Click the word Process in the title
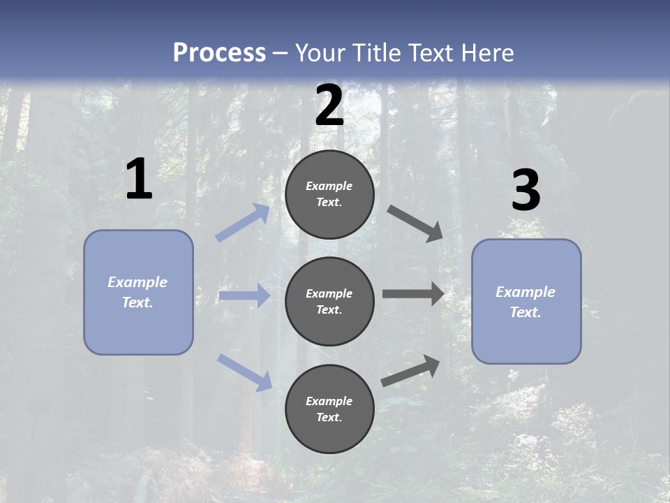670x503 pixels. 219,53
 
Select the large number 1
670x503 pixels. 139,180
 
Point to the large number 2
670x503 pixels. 329,105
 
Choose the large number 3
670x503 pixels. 526,191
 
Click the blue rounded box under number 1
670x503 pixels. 138,292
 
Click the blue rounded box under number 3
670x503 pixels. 526,301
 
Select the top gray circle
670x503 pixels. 329,194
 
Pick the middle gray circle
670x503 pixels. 329,301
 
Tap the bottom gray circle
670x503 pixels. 329,409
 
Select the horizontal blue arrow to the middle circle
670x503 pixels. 244,296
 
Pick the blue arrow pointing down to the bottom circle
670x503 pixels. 245,372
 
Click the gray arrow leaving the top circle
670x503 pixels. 415,224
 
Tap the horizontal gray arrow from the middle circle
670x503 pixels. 413,293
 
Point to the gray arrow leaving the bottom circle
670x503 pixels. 410,370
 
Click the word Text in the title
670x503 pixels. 430,53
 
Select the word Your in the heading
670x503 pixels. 320,53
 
